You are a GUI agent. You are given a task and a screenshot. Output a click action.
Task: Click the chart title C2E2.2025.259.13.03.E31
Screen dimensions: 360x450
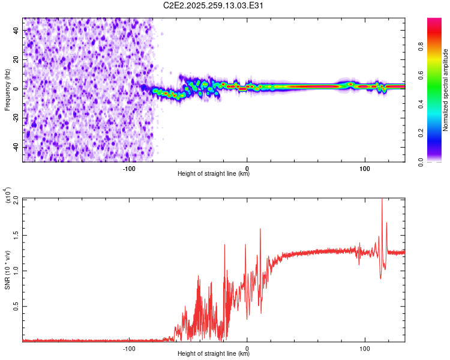214,5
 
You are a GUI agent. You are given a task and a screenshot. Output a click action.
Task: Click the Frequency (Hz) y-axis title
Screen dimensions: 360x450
7,89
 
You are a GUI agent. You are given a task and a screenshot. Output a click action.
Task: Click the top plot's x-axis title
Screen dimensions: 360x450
214,174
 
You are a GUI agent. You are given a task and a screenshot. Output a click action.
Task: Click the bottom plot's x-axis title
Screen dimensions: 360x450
214,354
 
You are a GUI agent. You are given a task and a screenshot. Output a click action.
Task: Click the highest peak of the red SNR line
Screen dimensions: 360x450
382,200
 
